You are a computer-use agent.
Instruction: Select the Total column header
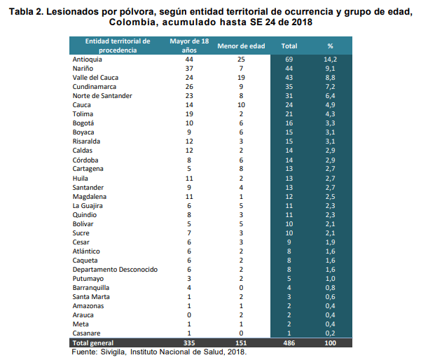289,46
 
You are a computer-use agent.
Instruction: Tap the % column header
330,46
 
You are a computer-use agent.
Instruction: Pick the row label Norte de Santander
103,95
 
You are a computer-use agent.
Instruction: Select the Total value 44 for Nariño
289,69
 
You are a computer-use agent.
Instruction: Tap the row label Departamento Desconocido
115,270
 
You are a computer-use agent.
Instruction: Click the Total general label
93,343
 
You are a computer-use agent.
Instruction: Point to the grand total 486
289,343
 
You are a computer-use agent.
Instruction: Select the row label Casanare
88,333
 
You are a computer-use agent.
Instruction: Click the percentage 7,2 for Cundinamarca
330,87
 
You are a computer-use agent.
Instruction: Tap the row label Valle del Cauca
96,78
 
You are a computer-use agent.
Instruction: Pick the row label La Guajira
88,206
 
